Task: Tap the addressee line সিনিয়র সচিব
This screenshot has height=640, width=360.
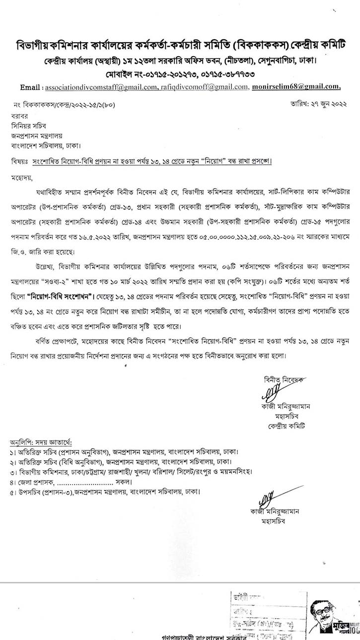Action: click(x=30, y=126)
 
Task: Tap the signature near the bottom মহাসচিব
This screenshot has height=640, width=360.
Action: click(x=268, y=497)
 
